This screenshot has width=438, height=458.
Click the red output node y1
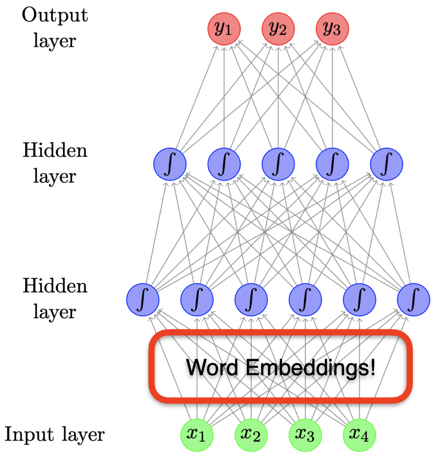click(223, 30)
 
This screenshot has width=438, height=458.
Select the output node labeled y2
click(278, 30)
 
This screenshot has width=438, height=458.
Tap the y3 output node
click(332, 30)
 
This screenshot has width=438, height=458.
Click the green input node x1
click(197, 435)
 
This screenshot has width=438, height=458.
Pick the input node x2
click(251, 435)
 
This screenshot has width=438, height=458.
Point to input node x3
click(305, 435)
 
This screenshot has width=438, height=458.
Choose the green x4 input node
click(359, 435)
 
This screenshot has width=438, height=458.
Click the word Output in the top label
click(55, 16)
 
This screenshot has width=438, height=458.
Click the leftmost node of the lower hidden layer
click(143, 299)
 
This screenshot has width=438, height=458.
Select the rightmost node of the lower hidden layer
click(414, 299)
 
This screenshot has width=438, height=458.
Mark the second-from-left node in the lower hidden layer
click(197, 299)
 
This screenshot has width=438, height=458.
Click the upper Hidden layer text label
click(55, 163)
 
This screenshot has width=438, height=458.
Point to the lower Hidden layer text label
click(55, 298)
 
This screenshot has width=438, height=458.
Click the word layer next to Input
click(82, 435)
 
